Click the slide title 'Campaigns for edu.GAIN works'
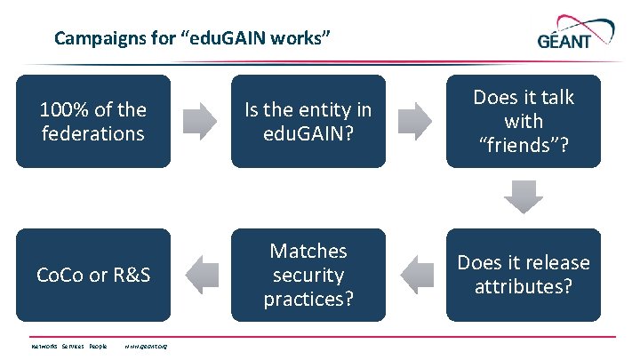tap(194, 38)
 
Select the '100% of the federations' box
tap(93, 122)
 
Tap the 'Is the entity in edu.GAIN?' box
tap(308, 122)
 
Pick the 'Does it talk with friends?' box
tap(524, 121)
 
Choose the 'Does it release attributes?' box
tap(524, 275)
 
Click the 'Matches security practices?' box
tap(308, 275)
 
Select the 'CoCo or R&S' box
tap(93, 275)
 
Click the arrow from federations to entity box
tap(201, 122)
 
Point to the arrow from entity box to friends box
tap(416, 122)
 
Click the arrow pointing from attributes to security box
tap(416, 275)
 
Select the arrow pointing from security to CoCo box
tap(201, 275)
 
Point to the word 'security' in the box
tap(308, 275)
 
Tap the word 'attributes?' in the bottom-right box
tap(524, 286)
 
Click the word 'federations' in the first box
tap(93, 134)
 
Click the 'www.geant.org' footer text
tap(147, 347)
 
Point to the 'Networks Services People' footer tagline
tap(68, 347)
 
